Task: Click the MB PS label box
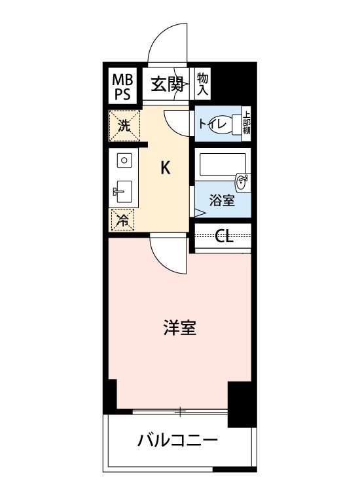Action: (122, 86)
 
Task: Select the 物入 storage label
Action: (202, 84)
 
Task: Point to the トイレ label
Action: (213, 124)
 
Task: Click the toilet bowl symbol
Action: (236, 124)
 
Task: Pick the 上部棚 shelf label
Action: (247, 123)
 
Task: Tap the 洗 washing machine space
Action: (124, 126)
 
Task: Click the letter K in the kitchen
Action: (166, 168)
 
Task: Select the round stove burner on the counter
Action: (124, 161)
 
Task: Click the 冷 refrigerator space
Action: (122, 220)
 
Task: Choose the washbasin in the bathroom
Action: (242, 181)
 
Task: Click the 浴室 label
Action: (222, 200)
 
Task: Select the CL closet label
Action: (224, 236)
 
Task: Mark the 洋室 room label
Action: (180, 327)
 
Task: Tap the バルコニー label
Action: (178, 441)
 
